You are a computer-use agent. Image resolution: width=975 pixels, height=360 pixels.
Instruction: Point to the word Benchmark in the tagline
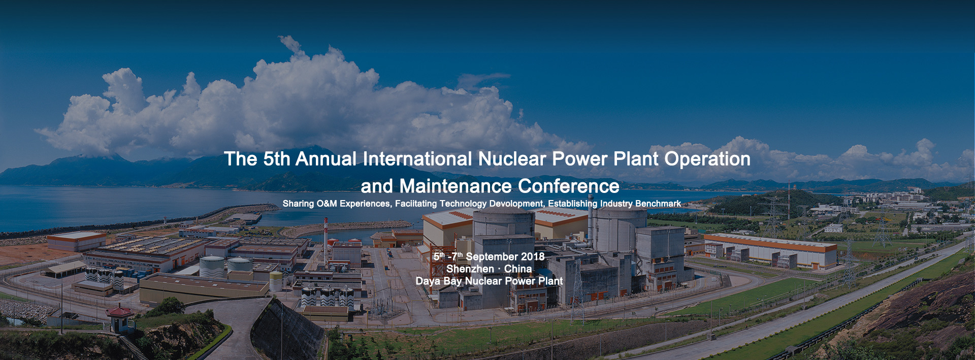[657, 204]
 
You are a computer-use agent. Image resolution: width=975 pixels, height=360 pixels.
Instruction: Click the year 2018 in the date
[532, 257]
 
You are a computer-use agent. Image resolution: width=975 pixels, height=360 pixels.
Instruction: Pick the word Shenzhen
[470, 269]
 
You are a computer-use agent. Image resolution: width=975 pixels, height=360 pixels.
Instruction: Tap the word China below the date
[518, 269]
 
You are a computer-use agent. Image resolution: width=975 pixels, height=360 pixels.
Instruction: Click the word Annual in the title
[326, 159]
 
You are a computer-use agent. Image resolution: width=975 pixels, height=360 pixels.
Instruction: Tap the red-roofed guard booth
[120, 317]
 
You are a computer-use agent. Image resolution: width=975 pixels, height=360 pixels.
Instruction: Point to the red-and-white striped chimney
[326, 243]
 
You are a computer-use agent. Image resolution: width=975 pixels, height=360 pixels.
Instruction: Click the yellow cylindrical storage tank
[276, 281]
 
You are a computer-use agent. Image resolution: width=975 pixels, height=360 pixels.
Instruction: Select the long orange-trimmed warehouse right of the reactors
[771, 251]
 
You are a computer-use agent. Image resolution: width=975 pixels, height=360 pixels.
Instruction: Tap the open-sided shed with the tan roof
[64, 269]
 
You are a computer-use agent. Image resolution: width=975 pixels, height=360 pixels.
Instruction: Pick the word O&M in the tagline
[327, 204]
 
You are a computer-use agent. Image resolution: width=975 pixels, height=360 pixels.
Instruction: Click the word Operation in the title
[707, 159]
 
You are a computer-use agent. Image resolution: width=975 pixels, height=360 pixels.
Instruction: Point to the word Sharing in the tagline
[298, 204]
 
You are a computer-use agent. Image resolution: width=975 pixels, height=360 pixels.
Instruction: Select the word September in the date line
[492, 257]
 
